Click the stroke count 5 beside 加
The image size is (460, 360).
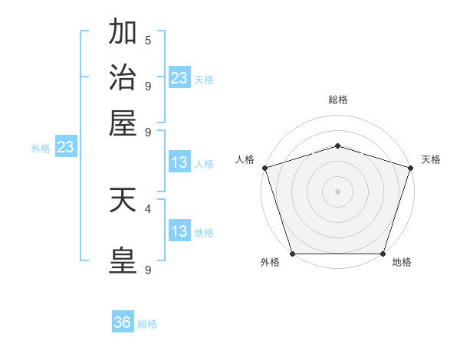coord(148,40)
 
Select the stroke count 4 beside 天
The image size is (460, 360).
coord(148,208)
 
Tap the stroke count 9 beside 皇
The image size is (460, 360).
coord(148,270)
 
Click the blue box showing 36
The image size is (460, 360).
coord(123,322)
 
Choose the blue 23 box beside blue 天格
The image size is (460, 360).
coord(179,78)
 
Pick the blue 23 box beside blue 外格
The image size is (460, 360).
coord(65,147)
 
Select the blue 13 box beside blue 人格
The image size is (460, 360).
coord(179,162)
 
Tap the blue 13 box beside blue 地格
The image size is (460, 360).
coord(179,231)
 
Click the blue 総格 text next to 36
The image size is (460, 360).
coord(147,324)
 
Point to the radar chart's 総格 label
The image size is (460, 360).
coord(338,100)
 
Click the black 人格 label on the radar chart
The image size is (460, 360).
coord(245,159)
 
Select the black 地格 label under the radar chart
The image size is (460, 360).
coord(402,263)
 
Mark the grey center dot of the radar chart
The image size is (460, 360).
coord(338,191)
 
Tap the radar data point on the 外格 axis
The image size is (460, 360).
coord(293,254)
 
